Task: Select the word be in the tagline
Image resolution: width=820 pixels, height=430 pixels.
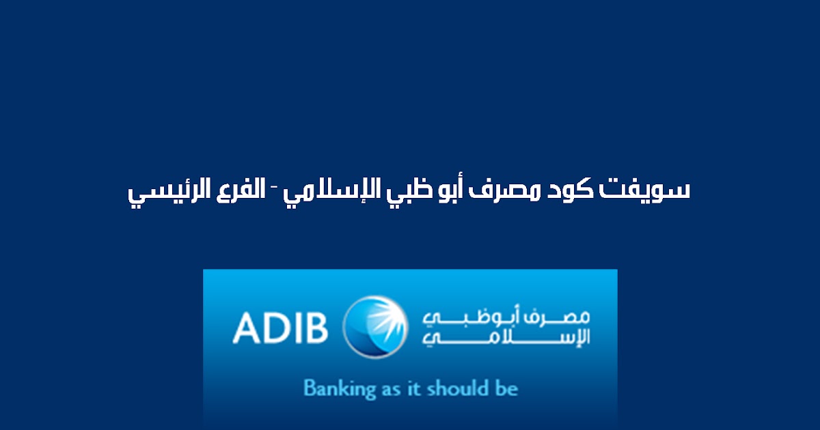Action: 506,389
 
